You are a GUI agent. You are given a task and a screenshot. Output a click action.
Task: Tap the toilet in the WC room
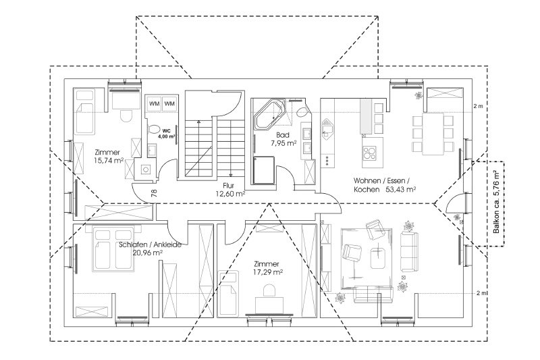pos(153,128)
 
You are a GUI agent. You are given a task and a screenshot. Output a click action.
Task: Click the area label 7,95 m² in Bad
pos(283,144)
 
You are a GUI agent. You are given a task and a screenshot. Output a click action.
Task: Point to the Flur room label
pos(228,184)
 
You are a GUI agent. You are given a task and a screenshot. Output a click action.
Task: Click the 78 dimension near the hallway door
pos(155,194)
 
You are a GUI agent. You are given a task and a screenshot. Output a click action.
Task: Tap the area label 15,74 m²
pos(108,160)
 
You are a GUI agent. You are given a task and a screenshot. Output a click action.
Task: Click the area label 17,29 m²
pos(268,272)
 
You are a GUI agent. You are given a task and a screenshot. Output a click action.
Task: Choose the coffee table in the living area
pos(377,257)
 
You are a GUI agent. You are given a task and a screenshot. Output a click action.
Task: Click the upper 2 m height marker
pos(479,106)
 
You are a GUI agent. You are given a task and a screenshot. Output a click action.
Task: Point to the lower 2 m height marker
pos(480,292)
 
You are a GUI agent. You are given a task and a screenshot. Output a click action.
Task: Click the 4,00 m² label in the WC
pos(167,136)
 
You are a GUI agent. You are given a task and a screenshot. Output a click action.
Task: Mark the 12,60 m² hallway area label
pos(230,194)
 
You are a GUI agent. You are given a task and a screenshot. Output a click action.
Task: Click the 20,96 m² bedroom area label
pos(148,253)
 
